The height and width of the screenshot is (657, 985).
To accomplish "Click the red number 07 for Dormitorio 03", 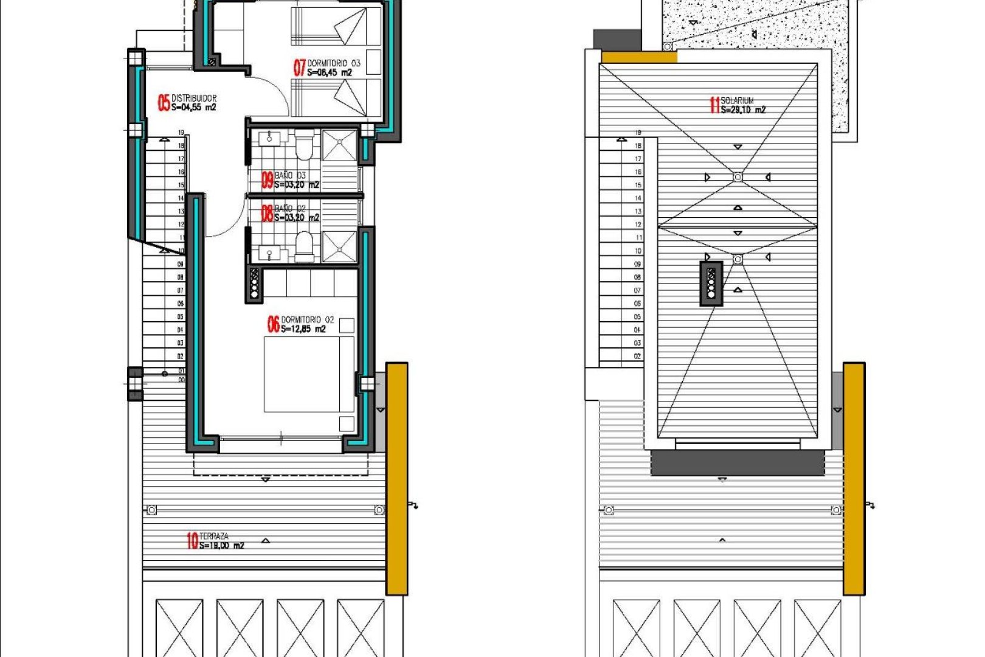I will point(300,68).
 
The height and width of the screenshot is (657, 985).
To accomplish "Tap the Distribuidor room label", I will point(194,98).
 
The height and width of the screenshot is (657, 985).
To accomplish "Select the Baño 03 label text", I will point(291,175).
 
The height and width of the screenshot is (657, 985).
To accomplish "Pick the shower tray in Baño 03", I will point(339,145).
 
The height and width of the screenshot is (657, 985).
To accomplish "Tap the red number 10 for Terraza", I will point(192,540).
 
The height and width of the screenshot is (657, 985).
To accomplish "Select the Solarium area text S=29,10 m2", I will point(743,110).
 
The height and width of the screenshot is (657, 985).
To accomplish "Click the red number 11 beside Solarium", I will point(714,105).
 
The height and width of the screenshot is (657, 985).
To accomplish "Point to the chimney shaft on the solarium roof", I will point(711,283).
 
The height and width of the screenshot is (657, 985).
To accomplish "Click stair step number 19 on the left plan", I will point(181,133).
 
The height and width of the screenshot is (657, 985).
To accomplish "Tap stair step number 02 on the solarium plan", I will point(637,356).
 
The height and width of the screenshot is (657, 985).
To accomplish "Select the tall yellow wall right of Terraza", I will point(397,479).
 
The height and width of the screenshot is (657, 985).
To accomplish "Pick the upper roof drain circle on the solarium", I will point(738,177).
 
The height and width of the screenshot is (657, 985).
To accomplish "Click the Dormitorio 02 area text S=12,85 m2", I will point(303,329).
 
